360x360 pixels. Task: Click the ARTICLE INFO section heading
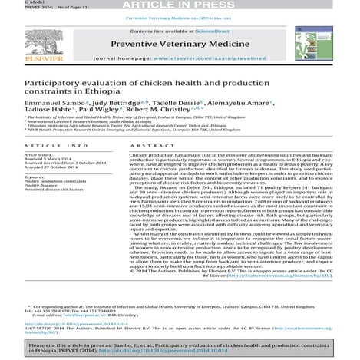45,166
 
